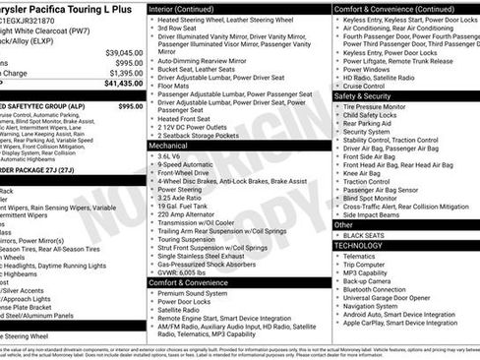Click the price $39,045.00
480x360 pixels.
(123, 51)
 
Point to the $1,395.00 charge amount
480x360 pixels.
(125, 73)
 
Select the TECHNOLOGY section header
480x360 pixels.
(365, 245)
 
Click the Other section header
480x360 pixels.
(344, 224)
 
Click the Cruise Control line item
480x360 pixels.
(377, 85)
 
